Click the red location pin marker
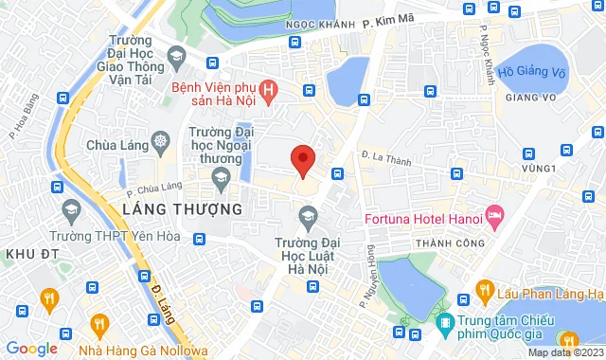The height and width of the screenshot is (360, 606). (302, 160)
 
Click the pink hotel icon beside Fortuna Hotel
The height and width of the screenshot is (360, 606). (493, 215)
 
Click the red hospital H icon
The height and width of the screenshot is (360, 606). (268, 91)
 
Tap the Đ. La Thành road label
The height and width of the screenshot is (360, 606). (385, 159)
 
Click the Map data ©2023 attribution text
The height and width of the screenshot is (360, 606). (565, 353)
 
